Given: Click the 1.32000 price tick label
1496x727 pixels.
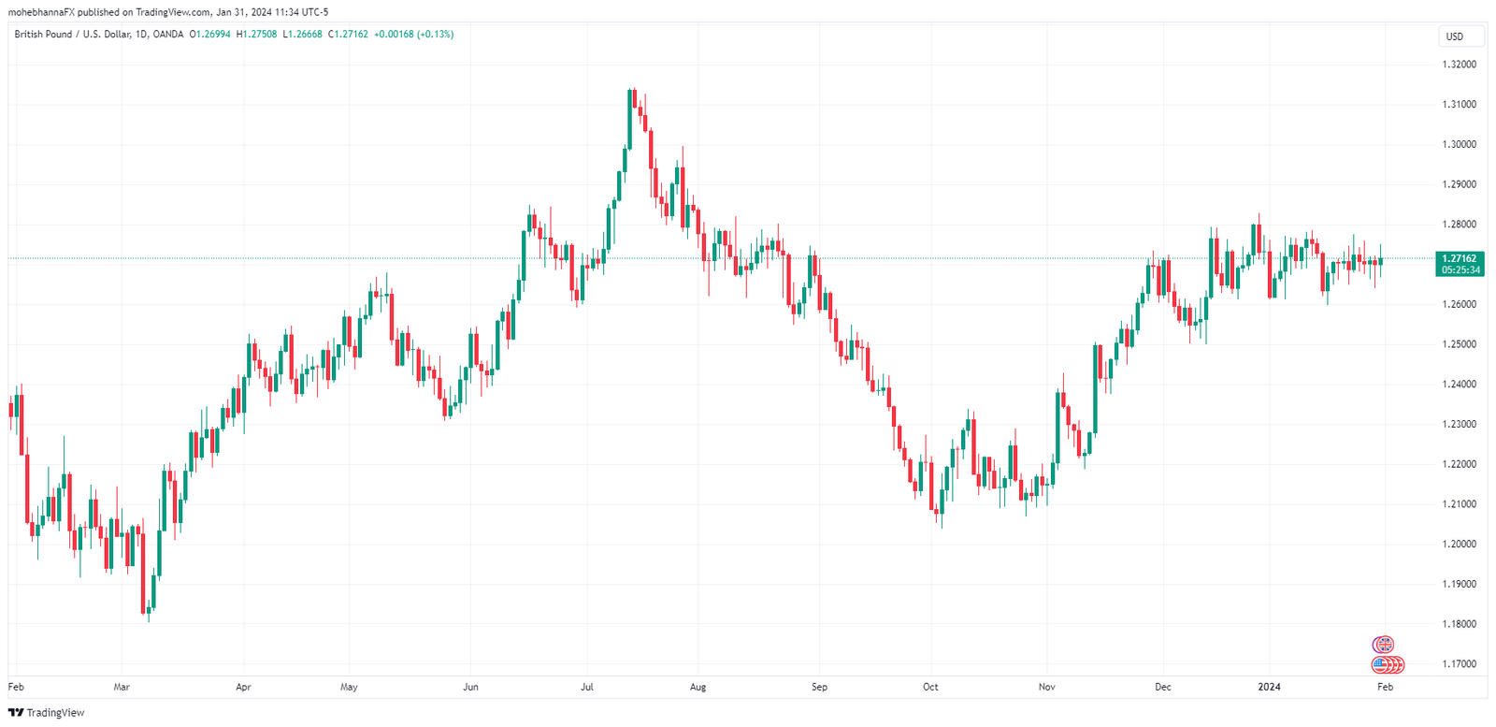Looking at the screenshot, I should click(x=1459, y=65).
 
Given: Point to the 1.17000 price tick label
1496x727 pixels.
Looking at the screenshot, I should click(x=1459, y=664).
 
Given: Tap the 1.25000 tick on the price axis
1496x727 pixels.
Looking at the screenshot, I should click(x=1459, y=344).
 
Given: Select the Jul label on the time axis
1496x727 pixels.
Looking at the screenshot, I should click(x=587, y=687).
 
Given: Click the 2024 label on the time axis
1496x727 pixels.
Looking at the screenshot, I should click(x=1269, y=687).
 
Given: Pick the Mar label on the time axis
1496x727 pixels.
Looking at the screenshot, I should click(x=122, y=687).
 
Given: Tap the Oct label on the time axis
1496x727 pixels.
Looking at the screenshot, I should click(x=930, y=687).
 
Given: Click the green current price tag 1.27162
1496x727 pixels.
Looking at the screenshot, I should click(x=1459, y=258).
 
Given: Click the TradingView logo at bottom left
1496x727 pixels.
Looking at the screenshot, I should click(x=46, y=713).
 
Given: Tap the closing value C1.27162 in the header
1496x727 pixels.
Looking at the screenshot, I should click(x=348, y=35).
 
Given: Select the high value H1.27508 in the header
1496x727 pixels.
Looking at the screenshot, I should click(x=256, y=35).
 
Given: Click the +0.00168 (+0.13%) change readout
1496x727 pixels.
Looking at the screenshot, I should click(x=413, y=35).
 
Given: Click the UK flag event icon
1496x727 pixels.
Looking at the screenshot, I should click(x=1383, y=645).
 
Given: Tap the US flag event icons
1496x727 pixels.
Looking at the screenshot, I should click(x=1388, y=665).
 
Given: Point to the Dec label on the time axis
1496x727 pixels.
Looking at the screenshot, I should click(x=1162, y=687).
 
